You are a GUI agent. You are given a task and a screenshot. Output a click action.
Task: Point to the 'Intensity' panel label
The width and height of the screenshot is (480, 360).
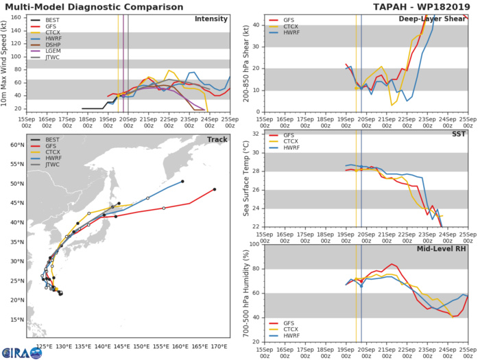click(x=211, y=19)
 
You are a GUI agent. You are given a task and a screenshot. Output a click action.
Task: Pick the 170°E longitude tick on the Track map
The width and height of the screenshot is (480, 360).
click(x=219, y=347)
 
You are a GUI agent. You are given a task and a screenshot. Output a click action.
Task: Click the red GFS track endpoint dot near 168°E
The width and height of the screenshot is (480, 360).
click(x=215, y=189)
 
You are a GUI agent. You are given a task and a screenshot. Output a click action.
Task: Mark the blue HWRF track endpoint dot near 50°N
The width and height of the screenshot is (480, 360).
click(x=182, y=182)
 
